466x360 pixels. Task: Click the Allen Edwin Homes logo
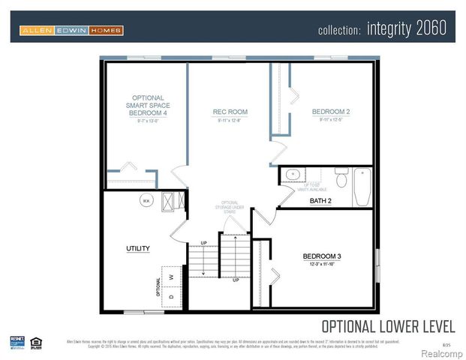(x=71, y=30)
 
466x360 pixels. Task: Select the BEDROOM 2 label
(x=331, y=112)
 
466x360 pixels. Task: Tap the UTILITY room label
(x=138, y=248)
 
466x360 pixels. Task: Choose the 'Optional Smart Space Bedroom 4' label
(x=148, y=105)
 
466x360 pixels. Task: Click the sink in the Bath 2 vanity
(x=293, y=175)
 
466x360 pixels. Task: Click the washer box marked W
(x=172, y=275)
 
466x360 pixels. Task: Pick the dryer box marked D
(x=172, y=295)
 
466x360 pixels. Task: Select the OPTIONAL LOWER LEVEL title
(x=387, y=326)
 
